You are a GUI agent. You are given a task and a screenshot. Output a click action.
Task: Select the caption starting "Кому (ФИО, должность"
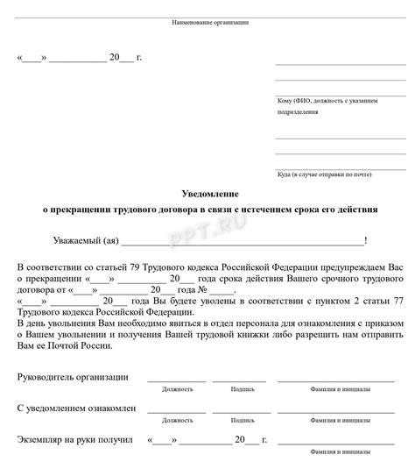(327, 101)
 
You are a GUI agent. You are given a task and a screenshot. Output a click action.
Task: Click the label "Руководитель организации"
(73, 377)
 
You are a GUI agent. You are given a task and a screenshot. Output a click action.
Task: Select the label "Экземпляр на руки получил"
(74, 439)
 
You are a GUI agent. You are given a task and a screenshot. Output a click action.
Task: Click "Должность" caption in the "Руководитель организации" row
(177, 388)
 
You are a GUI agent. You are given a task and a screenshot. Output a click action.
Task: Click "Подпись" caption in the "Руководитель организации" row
(242, 388)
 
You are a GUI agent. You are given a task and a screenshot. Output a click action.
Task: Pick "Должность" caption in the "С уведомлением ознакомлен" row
(177, 420)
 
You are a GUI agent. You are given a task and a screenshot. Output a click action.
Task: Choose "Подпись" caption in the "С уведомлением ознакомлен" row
(242, 420)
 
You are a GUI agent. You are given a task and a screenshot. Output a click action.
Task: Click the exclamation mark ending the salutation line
(365, 239)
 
